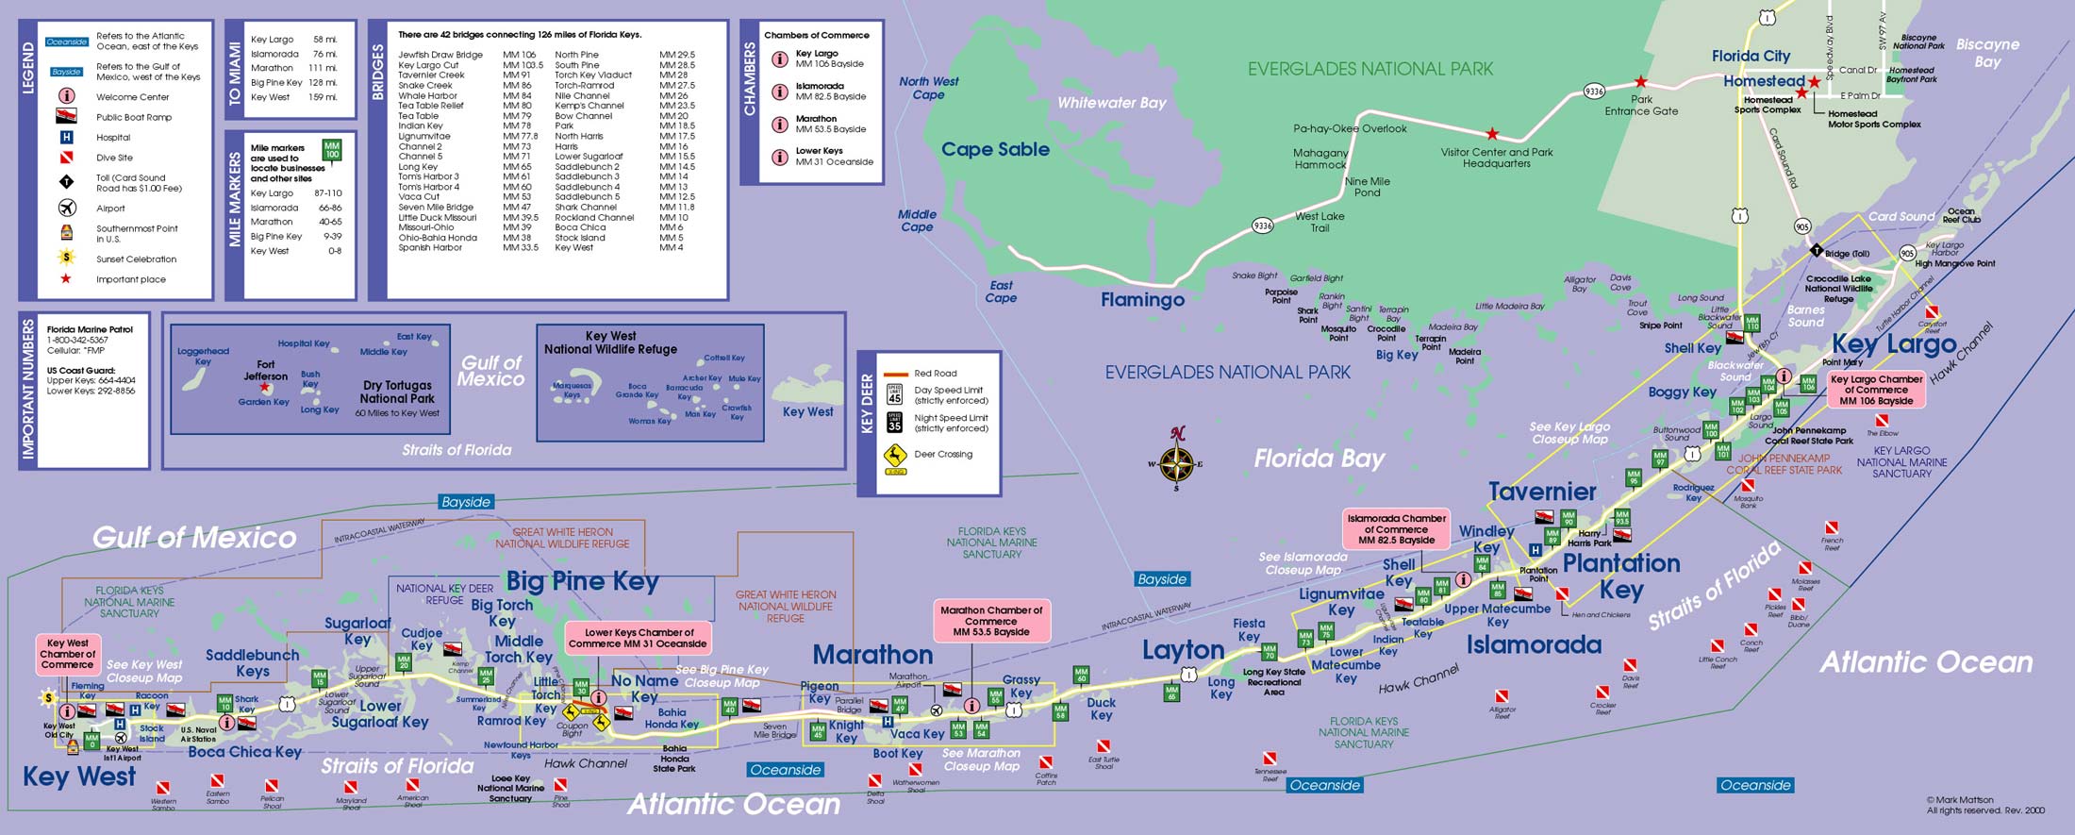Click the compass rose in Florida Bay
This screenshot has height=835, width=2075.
click(1176, 463)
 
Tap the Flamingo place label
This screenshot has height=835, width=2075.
click(1142, 300)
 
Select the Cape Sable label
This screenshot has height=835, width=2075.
click(995, 149)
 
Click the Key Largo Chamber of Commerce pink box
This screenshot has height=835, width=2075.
click(1876, 390)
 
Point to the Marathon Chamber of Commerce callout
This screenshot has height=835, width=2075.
click(990, 621)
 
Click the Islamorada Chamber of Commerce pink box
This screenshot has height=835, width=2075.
click(1396, 529)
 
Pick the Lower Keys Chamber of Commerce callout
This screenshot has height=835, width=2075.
click(638, 639)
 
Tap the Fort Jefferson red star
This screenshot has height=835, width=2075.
click(265, 388)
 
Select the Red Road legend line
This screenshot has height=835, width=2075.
click(895, 374)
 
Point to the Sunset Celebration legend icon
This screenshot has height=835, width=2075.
click(66, 258)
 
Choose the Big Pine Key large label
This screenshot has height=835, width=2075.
click(582, 581)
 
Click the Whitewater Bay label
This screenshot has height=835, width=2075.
click(1111, 103)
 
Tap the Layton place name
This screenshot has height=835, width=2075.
click(1183, 650)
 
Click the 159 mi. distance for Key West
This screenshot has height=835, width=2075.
click(323, 97)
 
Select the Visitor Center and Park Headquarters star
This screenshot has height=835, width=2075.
click(1492, 134)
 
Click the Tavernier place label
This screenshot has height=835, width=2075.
click(1542, 492)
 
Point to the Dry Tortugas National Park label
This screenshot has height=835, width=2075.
click(397, 392)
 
